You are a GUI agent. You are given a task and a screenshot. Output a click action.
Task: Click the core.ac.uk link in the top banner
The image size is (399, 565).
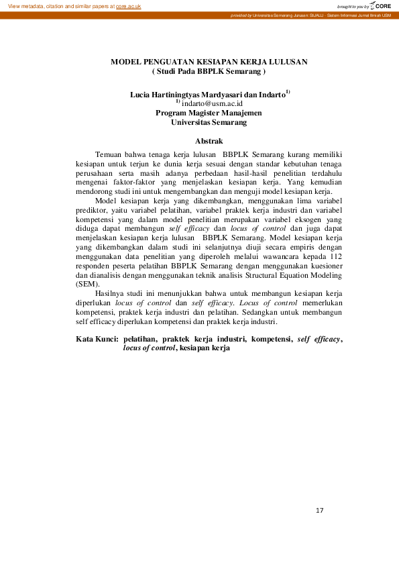[129, 5]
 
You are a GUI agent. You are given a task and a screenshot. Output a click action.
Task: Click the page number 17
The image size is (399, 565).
[319, 512]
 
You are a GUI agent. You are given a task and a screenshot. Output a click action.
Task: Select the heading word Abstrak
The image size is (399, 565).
[208, 141]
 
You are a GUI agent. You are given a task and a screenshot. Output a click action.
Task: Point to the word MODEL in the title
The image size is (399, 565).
[126, 62]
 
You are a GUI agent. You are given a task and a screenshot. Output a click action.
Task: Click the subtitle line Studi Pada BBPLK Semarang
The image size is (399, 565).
[209, 70]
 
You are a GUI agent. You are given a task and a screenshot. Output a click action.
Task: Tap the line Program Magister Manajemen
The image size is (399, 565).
[209, 113]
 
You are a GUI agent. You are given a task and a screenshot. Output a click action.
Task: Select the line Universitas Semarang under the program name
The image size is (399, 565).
[209, 123]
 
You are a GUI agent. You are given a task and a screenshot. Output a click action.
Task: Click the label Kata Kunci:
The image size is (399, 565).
[97, 340]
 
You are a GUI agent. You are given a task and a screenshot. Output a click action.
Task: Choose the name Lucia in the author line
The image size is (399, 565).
[141, 95]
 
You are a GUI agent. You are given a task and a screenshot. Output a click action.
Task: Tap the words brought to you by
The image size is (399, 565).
[353, 6]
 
